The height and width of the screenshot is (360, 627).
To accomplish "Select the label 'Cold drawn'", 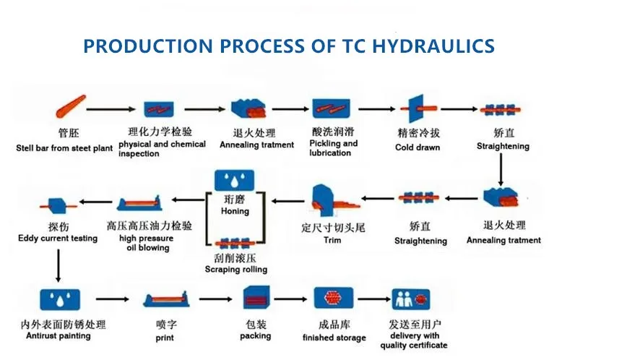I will tap(417, 147).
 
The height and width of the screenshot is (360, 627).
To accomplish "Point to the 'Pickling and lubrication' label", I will tap(333, 148).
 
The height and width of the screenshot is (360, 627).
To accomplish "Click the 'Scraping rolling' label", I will tap(235, 270).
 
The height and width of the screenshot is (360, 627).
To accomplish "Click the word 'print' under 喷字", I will tap(164, 338).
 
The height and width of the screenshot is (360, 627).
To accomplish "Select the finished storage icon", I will tap(333, 298).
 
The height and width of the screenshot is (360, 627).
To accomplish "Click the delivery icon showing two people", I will tap(410, 299).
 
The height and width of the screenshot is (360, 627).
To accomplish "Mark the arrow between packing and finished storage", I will tap(293, 298).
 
